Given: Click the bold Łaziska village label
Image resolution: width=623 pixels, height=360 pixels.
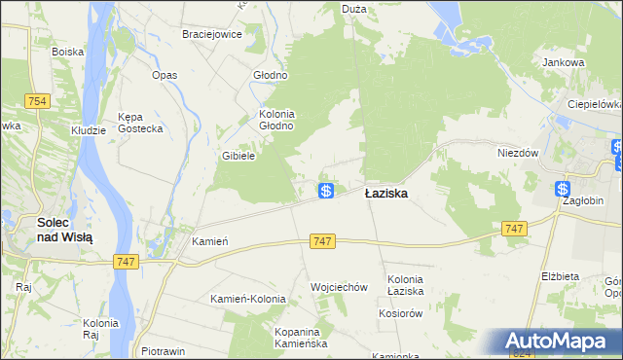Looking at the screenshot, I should [386, 194].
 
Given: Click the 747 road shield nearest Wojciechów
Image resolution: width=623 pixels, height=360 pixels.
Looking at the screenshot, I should [324, 240].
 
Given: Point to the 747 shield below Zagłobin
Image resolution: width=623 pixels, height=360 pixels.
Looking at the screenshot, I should [516, 228].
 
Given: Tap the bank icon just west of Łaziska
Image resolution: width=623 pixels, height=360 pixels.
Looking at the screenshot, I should [327, 191].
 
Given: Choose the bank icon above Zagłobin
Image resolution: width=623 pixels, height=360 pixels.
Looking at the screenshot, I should [563, 189].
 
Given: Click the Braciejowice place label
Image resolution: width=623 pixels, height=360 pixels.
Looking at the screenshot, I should [212, 33].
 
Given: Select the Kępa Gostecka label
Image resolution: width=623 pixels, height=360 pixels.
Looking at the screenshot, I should [140, 123].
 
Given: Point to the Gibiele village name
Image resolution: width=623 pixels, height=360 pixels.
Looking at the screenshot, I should [238, 156].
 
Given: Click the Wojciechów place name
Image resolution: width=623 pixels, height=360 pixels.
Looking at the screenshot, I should [339, 287].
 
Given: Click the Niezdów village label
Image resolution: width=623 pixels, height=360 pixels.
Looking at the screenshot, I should [518, 153].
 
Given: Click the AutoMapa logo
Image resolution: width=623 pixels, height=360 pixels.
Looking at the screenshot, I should [560, 342].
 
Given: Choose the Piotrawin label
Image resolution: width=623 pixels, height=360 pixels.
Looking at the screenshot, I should [164, 351].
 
